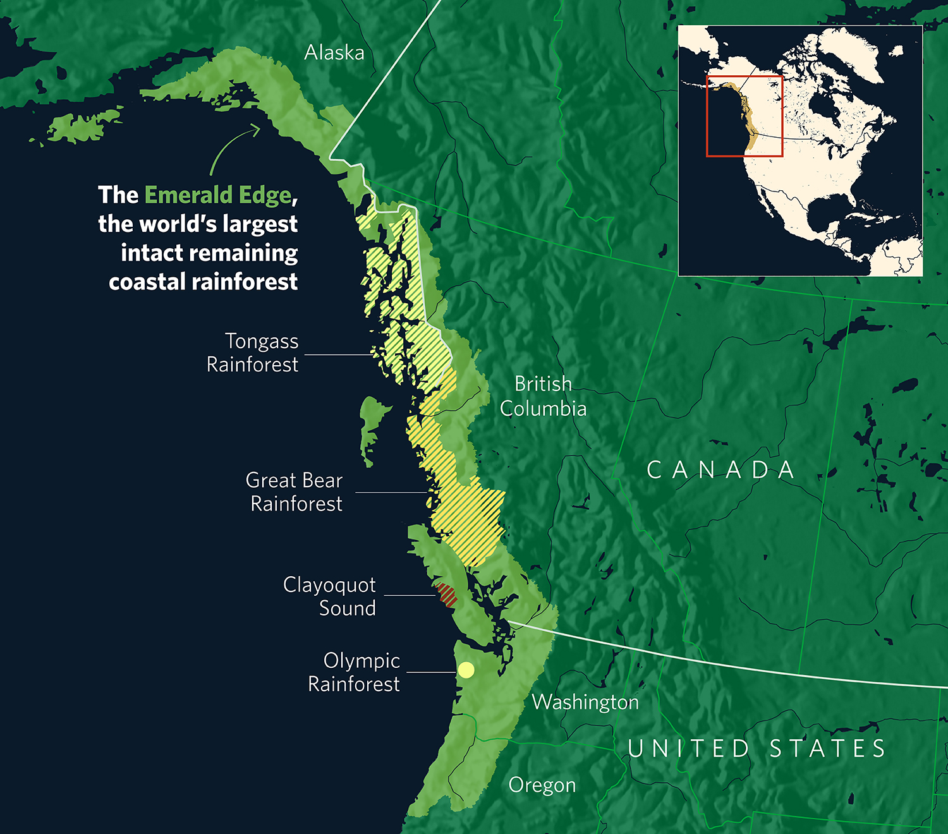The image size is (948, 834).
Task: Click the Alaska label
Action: click(334, 52)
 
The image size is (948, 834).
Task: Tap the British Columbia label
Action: click(543, 396)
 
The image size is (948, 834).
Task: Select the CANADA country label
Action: click(720, 470)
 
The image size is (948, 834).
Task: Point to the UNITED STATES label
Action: click(757, 749)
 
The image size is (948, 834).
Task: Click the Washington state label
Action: click(585, 702)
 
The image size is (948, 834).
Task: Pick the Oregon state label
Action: click(542, 785)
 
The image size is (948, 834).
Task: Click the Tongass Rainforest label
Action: click(253, 353)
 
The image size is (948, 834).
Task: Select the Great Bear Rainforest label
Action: click(295, 492)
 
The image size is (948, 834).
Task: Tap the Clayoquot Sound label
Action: click(330, 596)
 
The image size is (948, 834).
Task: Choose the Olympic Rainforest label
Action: click(354, 672)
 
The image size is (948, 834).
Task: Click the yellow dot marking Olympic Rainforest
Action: click(466, 670)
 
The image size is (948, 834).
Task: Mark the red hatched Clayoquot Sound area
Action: click(447, 595)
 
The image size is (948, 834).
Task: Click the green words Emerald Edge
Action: click(218, 195)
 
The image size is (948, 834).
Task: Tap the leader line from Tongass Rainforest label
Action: click(339, 355)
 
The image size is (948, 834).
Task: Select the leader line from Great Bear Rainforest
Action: click(391, 492)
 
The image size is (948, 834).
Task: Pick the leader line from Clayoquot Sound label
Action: click(410, 595)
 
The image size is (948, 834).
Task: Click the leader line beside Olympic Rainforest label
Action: click(431, 672)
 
